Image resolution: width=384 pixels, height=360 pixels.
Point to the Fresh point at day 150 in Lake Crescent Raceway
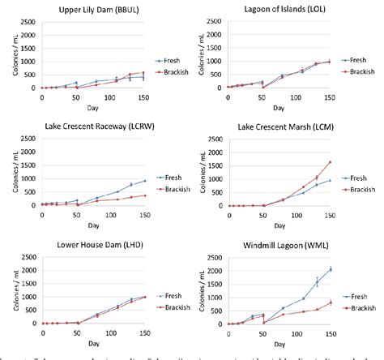click(x=122, y=181)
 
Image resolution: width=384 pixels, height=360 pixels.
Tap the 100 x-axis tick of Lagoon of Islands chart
click(x=282, y=96)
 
